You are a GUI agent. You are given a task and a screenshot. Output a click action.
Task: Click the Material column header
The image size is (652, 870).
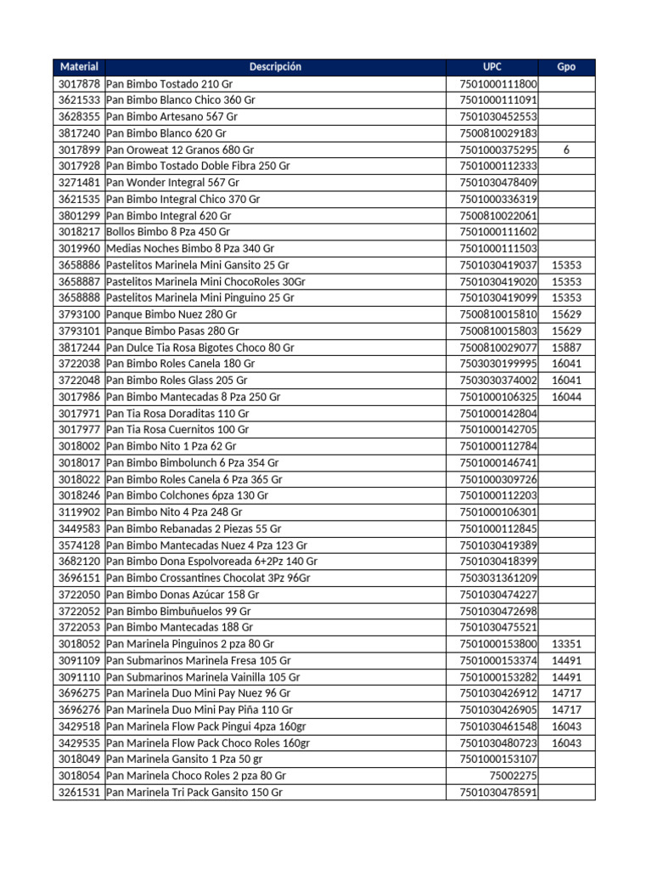pos(79,67)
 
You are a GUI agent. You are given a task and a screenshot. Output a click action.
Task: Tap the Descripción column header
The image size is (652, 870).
pos(275,67)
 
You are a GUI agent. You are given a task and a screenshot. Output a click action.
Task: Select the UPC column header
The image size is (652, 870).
pos(492,67)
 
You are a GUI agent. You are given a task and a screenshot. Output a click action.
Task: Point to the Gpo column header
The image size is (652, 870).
pos(566,67)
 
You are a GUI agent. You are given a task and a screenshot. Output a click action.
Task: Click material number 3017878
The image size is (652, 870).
pos(79,84)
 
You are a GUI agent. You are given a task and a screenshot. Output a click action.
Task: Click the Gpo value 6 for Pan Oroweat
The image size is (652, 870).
pos(566,150)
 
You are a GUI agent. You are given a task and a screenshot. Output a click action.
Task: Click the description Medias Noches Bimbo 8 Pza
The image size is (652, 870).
pos(190,248)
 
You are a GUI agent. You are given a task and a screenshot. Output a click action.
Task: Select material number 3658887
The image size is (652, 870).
pos(79,281)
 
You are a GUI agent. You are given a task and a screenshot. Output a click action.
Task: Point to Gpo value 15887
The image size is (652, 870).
pos(566,347)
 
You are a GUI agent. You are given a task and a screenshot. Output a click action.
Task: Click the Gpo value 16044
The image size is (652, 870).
pos(566,397)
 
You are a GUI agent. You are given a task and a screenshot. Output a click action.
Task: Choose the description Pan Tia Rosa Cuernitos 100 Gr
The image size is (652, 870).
pos(177,429)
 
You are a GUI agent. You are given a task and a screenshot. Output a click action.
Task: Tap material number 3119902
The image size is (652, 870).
pos(79,512)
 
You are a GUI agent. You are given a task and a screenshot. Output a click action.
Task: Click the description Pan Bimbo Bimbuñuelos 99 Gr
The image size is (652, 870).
pos(178,611)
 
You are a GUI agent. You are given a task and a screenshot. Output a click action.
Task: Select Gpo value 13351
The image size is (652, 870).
pos(566,644)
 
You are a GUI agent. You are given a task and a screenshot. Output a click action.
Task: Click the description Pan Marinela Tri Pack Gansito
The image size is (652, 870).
pos(194,792)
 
